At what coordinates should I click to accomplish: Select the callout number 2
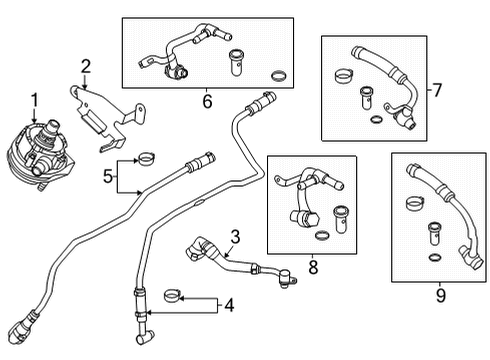[86, 68]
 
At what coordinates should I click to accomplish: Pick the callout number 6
[207, 100]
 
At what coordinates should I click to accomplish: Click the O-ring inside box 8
[321, 236]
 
